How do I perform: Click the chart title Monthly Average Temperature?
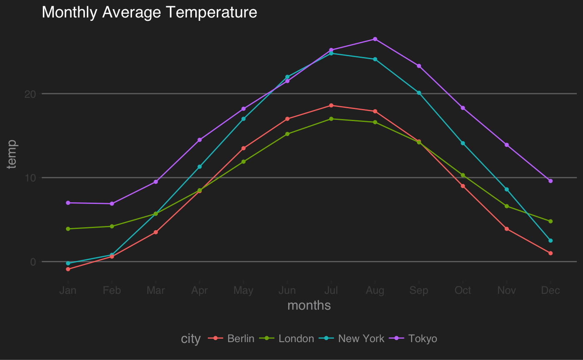click(x=149, y=12)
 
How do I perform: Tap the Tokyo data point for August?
click(x=375, y=39)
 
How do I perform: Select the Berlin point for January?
click(x=68, y=269)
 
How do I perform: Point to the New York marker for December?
click(x=551, y=241)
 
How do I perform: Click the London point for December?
click(x=551, y=221)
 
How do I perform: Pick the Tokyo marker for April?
click(x=199, y=140)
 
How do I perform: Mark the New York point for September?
click(x=419, y=93)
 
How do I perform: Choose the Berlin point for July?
click(x=331, y=105)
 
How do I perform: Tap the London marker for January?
click(x=68, y=229)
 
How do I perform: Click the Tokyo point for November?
click(x=507, y=145)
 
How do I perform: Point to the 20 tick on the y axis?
click(x=30, y=94)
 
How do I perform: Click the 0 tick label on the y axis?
click(x=33, y=262)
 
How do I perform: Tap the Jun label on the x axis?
click(x=287, y=290)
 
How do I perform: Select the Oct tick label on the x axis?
click(x=463, y=290)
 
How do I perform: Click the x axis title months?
click(x=309, y=306)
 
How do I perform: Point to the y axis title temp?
click(x=12, y=154)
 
